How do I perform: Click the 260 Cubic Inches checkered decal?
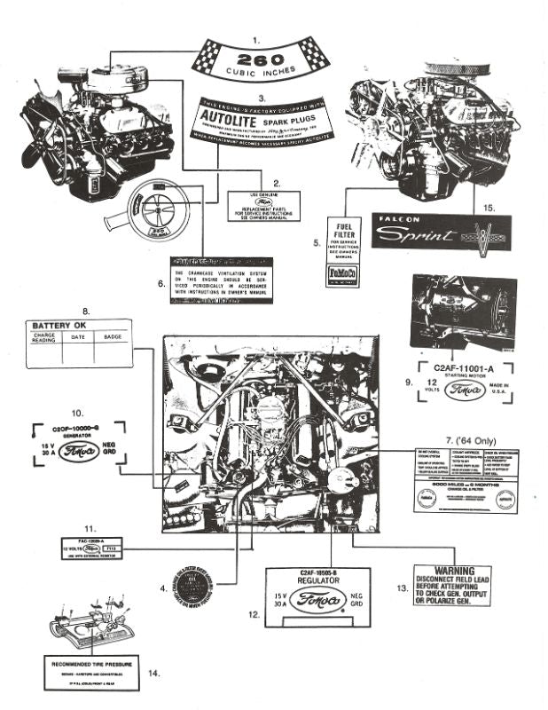point(256,63)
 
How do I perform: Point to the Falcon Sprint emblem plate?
point(439,233)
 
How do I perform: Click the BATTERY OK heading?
point(59,325)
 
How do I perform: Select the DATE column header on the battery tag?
point(78,337)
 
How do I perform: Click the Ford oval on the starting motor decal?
point(466,390)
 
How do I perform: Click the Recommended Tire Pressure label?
point(91,662)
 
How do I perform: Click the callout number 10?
point(77,413)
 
